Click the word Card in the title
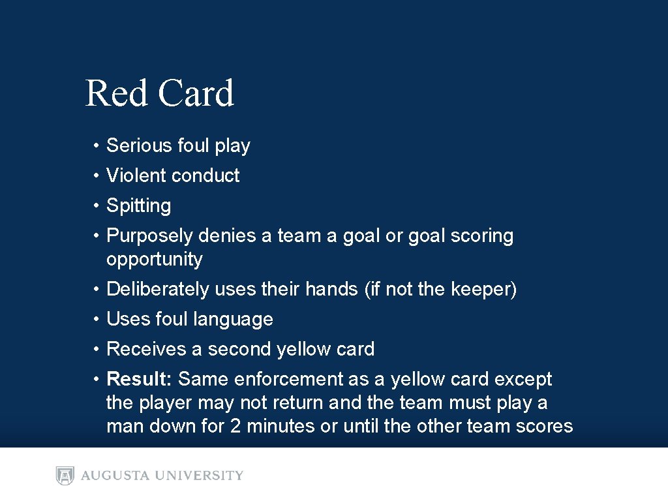[196, 93]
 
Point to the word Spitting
[138, 206]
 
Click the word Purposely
[149, 236]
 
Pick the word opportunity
[154, 260]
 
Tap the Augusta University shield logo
[65, 476]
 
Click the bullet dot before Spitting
[95, 206]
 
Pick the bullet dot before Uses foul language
[95, 320]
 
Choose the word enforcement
[310, 379]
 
